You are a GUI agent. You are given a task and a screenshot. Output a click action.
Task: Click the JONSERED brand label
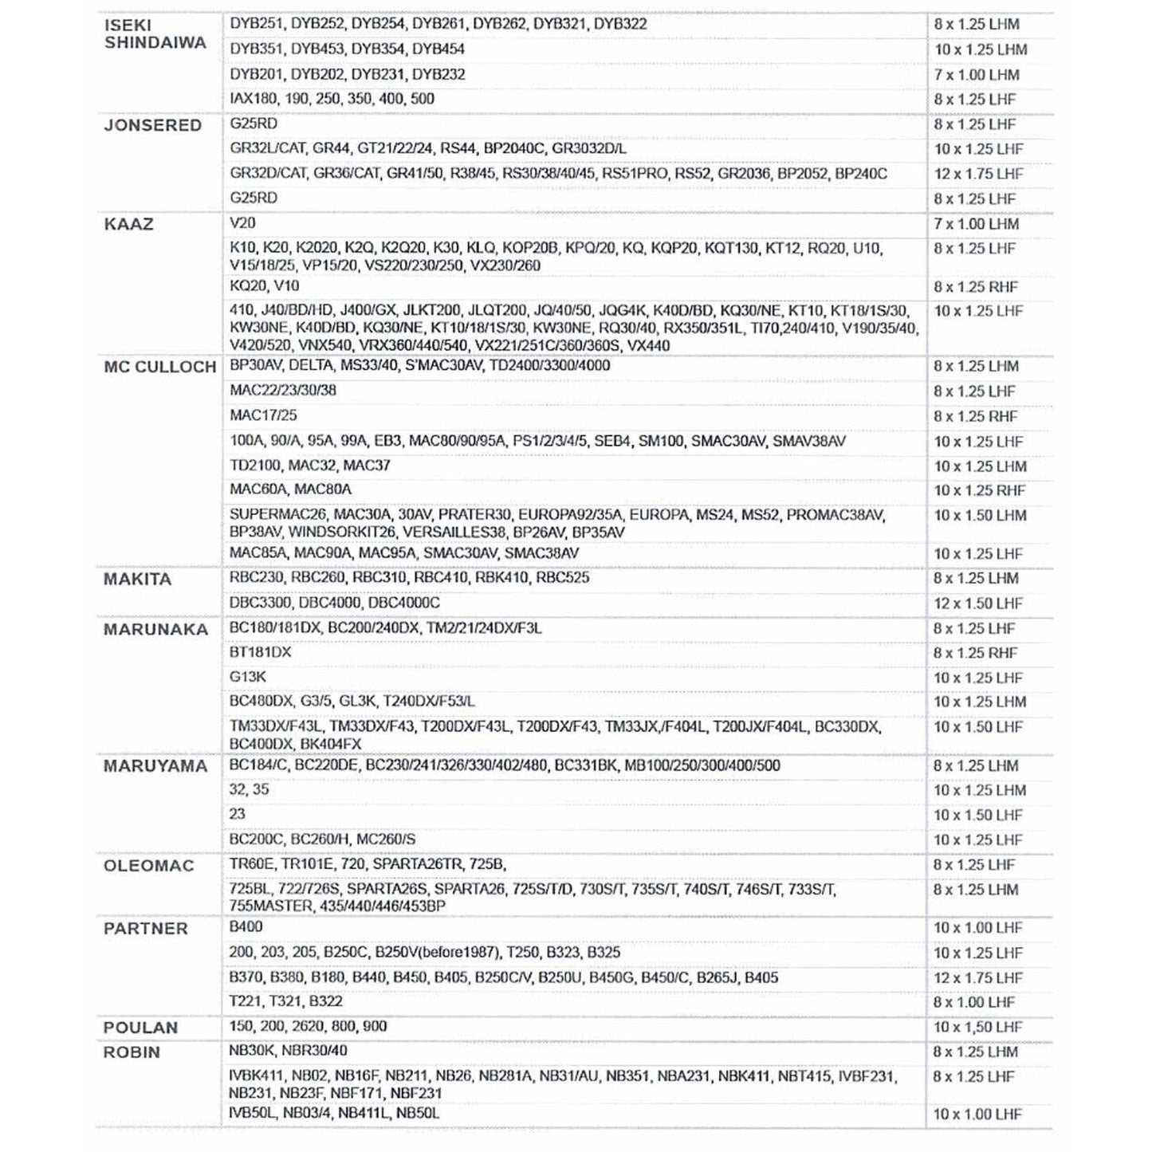click(x=152, y=126)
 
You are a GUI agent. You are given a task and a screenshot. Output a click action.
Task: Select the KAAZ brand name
click(x=128, y=225)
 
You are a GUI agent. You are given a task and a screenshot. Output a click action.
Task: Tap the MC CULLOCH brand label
click(x=159, y=368)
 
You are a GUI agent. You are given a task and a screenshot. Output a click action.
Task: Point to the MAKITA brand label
click(x=137, y=580)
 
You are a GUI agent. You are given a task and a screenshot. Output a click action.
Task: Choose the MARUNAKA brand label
click(x=155, y=630)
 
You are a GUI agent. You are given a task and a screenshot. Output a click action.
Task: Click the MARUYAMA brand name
click(x=155, y=767)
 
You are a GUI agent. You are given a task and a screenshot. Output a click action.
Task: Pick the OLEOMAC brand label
click(x=148, y=867)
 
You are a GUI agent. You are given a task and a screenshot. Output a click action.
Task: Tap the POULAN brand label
click(x=140, y=1028)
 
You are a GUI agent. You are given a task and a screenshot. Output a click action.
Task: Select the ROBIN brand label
click(x=132, y=1053)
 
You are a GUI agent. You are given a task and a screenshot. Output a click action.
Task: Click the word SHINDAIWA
click(x=155, y=43)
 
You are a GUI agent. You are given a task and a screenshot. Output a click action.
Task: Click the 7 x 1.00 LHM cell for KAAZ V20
click(x=976, y=225)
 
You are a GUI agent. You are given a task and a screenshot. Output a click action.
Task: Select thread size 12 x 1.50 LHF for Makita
click(x=977, y=604)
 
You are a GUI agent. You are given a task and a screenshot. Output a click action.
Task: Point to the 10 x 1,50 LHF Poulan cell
click(x=977, y=1028)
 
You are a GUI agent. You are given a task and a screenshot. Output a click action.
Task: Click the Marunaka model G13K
click(x=248, y=677)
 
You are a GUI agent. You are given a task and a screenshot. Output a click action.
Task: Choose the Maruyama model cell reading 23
click(x=237, y=815)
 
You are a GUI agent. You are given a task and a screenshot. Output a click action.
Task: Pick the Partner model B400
click(x=246, y=927)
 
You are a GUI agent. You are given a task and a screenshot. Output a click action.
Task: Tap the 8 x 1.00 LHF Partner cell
click(x=977, y=1003)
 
